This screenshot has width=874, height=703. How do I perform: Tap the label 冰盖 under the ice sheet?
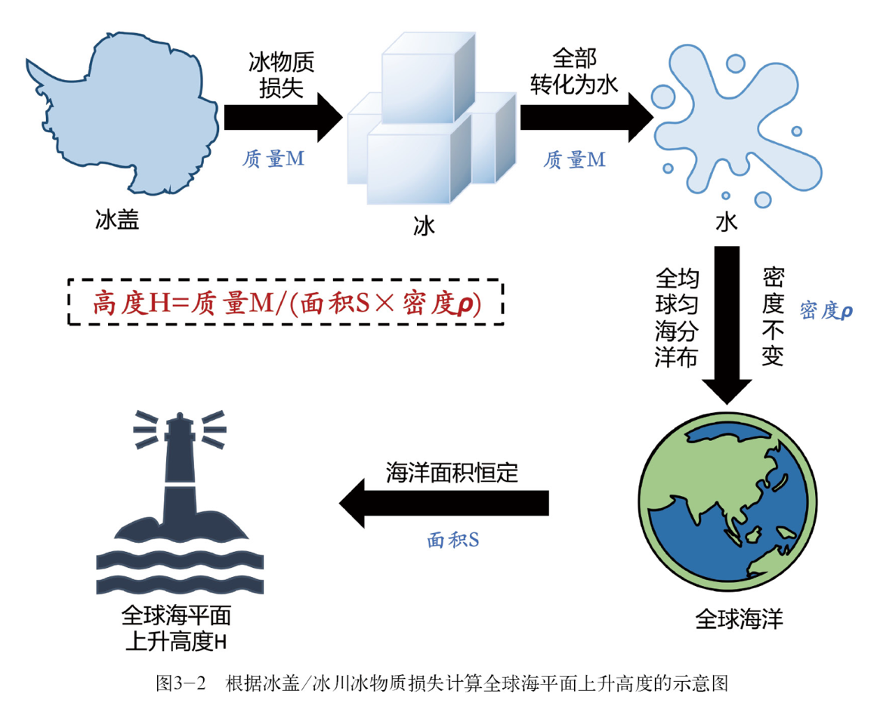pos(117,220)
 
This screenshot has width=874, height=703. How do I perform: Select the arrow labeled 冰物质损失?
pos(283,117)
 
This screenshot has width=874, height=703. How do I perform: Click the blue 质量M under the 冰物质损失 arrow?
pos(273,159)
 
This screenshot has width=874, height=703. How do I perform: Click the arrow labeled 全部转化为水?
pos(587,117)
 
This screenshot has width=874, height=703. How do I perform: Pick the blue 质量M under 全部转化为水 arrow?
pos(574,160)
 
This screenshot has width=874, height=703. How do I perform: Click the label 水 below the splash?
pos(726,222)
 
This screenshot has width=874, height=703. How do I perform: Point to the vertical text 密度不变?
pos(773,316)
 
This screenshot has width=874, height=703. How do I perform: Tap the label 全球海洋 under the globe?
pos(739,619)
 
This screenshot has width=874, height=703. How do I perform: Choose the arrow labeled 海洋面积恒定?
pos(444,503)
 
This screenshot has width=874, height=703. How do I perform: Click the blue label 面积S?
pos(453,540)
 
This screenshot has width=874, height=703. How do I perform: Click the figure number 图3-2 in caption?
pos(181,683)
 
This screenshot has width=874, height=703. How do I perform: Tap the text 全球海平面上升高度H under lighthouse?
pos(176,628)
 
